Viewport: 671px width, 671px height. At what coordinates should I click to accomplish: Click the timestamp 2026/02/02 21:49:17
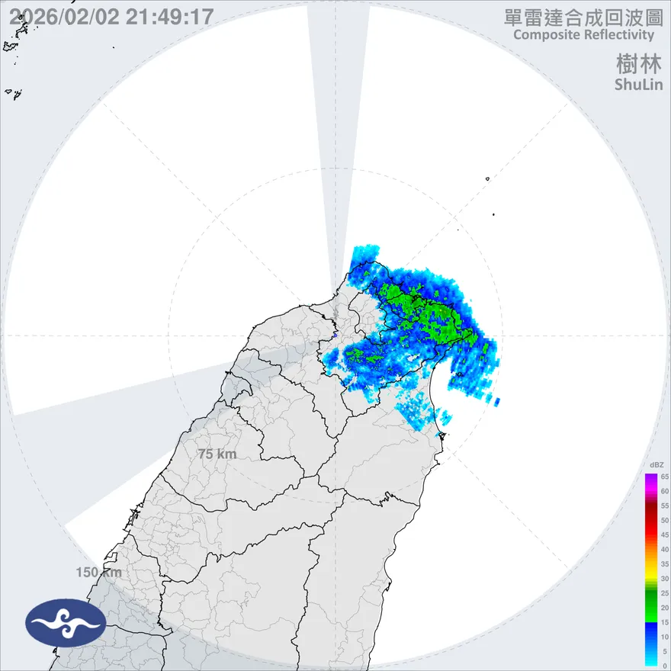(x=111, y=17)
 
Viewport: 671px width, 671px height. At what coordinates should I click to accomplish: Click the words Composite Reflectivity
(x=583, y=35)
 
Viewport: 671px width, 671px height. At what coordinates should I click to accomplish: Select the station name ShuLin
(x=638, y=85)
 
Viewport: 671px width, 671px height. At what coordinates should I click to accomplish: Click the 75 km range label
(x=217, y=454)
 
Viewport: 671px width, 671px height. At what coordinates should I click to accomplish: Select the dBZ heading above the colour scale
(x=655, y=464)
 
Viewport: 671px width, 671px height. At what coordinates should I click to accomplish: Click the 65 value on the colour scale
(x=665, y=477)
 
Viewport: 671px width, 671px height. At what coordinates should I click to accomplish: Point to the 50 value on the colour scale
(x=665, y=520)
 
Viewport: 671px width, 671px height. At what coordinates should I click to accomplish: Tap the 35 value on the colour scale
(x=665, y=563)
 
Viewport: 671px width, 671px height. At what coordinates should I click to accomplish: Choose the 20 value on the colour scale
(x=665, y=608)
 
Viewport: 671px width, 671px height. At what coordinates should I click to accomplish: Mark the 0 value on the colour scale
(x=665, y=666)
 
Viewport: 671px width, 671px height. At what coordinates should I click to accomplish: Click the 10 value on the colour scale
(x=665, y=637)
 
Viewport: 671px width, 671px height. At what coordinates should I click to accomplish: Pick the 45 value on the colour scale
(x=665, y=535)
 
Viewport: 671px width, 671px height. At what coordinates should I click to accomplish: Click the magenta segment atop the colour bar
(x=651, y=480)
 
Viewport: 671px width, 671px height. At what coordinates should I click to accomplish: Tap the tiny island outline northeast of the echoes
(x=486, y=179)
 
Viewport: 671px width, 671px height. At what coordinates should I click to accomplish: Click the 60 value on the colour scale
(x=665, y=491)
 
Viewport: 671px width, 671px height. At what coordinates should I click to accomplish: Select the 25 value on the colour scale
(x=665, y=592)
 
